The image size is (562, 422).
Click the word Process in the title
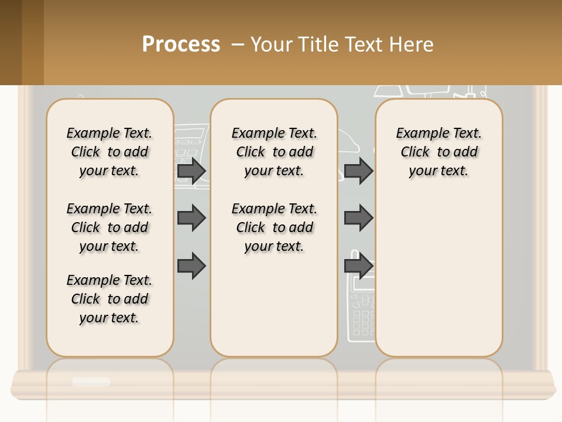[x=181, y=45]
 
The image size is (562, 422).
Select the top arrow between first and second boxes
[x=191, y=171]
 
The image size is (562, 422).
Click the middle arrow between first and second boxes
[x=191, y=218]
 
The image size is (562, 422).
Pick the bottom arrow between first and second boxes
[x=191, y=266]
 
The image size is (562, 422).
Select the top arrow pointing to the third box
[x=358, y=171]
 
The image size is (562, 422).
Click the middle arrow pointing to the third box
[x=358, y=218]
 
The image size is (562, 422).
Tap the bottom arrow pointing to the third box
[x=358, y=266]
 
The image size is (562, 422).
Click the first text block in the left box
[x=109, y=152]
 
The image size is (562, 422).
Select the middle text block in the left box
[x=109, y=227]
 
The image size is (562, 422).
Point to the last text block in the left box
[x=109, y=299]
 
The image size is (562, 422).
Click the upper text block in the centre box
[x=274, y=152]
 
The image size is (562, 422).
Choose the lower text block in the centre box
[x=274, y=227]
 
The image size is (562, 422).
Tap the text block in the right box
[x=438, y=152]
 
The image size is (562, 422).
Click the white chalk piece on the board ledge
[x=91, y=382]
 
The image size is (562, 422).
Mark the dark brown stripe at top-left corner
[x=11, y=42]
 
